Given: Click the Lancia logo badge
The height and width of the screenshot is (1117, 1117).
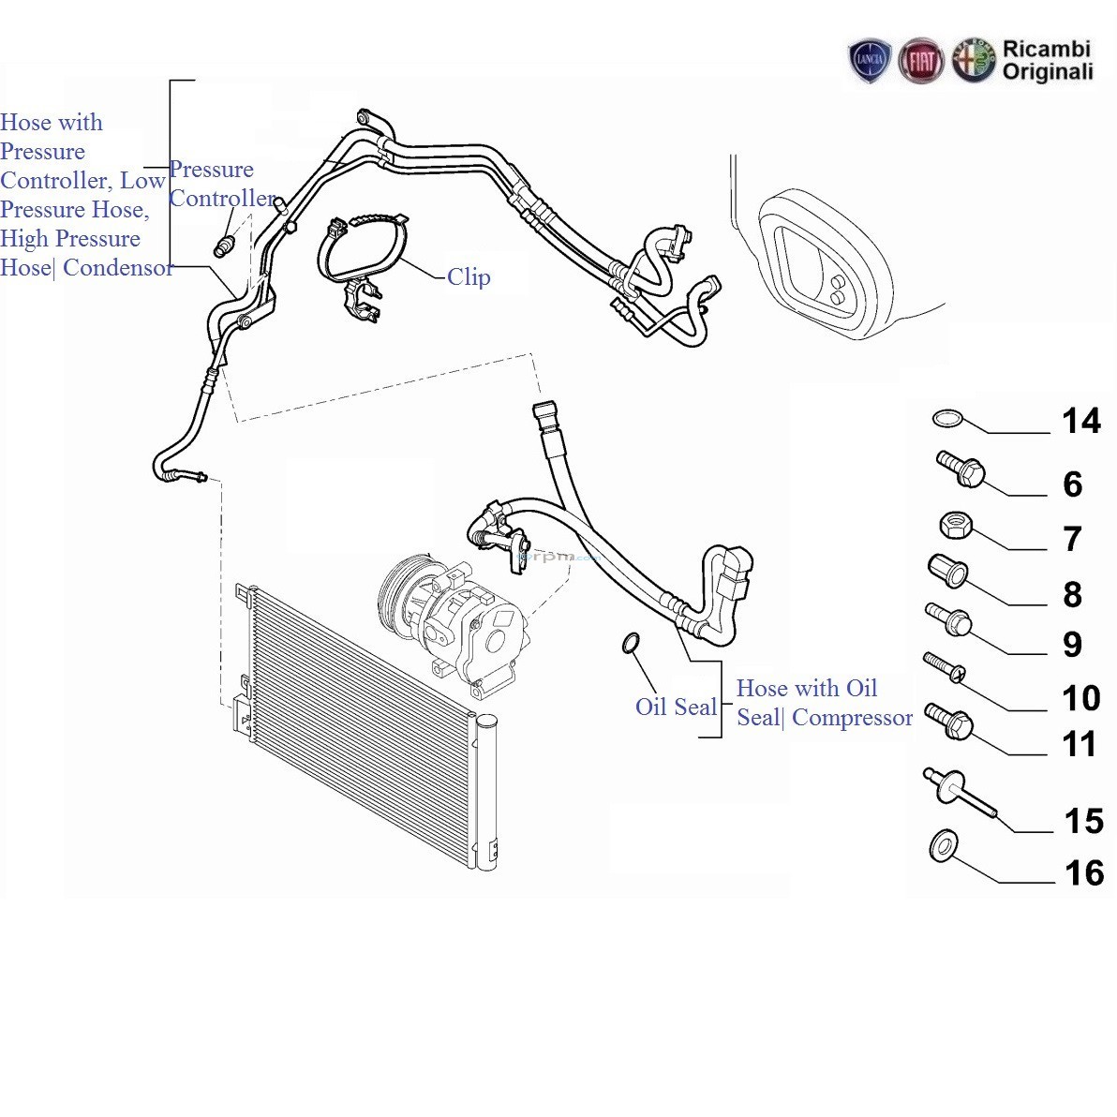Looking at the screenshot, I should tap(870, 61).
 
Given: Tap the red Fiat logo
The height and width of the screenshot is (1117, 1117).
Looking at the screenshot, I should tap(921, 62).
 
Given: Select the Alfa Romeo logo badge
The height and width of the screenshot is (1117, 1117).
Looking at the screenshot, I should tap(973, 61).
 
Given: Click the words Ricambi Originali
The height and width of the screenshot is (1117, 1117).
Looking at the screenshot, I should tap(1047, 60).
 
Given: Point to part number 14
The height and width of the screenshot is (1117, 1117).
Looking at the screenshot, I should tap(1080, 421).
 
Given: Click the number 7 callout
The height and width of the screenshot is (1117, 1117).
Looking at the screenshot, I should tap(1073, 539).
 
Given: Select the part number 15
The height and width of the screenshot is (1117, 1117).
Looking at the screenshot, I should tap(1083, 821).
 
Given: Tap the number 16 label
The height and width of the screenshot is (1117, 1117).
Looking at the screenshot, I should tap(1084, 873).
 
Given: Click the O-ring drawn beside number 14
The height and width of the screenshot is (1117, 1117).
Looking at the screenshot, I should tap(947, 417).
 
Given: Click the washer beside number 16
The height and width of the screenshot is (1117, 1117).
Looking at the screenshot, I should tap(944, 846).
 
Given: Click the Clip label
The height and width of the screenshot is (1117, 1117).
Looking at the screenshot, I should tap(469, 276).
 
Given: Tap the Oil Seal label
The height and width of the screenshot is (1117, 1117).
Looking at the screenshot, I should tap(676, 707).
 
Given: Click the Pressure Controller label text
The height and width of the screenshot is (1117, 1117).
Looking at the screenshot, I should tap(221, 184).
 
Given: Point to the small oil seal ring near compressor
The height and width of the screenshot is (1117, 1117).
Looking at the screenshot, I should tap(631, 643).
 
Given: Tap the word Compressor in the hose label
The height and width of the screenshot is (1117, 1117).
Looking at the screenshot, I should tap(852, 718).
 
